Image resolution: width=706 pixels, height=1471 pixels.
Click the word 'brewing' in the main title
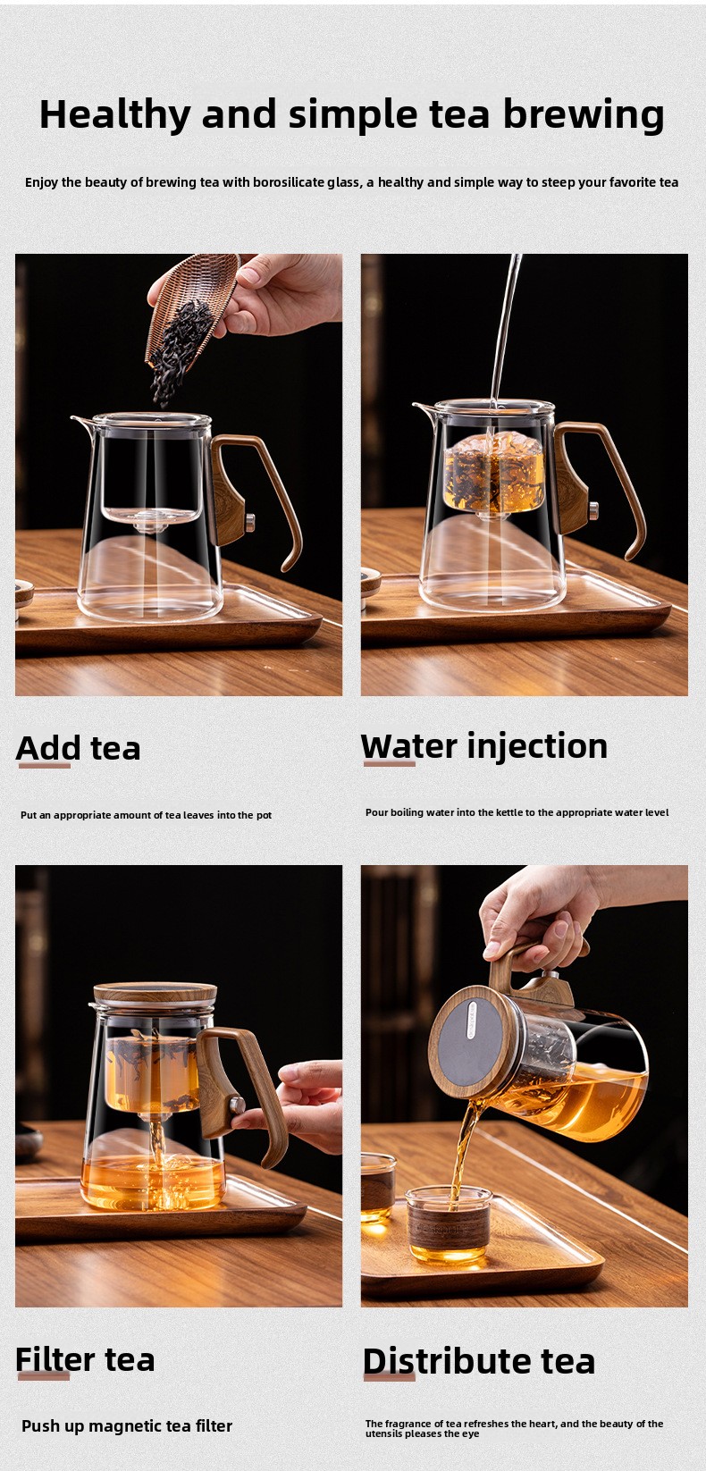pyautogui.click(x=584, y=115)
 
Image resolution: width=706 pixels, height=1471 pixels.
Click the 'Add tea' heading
pyautogui.click(x=78, y=749)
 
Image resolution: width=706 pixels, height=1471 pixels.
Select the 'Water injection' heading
pyautogui.click(x=484, y=746)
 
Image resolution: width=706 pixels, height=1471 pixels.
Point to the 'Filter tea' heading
pyautogui.click(x=85, y=1359)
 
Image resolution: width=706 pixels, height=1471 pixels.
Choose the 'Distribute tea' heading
pyautogui.click(x=479, y=1361)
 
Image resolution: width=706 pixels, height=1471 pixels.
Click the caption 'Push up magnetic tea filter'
pyautogui.click(x=127, y=1426)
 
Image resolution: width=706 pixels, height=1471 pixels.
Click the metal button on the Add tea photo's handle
pyautogui.click(x=249, y=523)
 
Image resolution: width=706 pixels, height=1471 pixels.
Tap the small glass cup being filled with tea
pyautogui.click(x=449, y=1224)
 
